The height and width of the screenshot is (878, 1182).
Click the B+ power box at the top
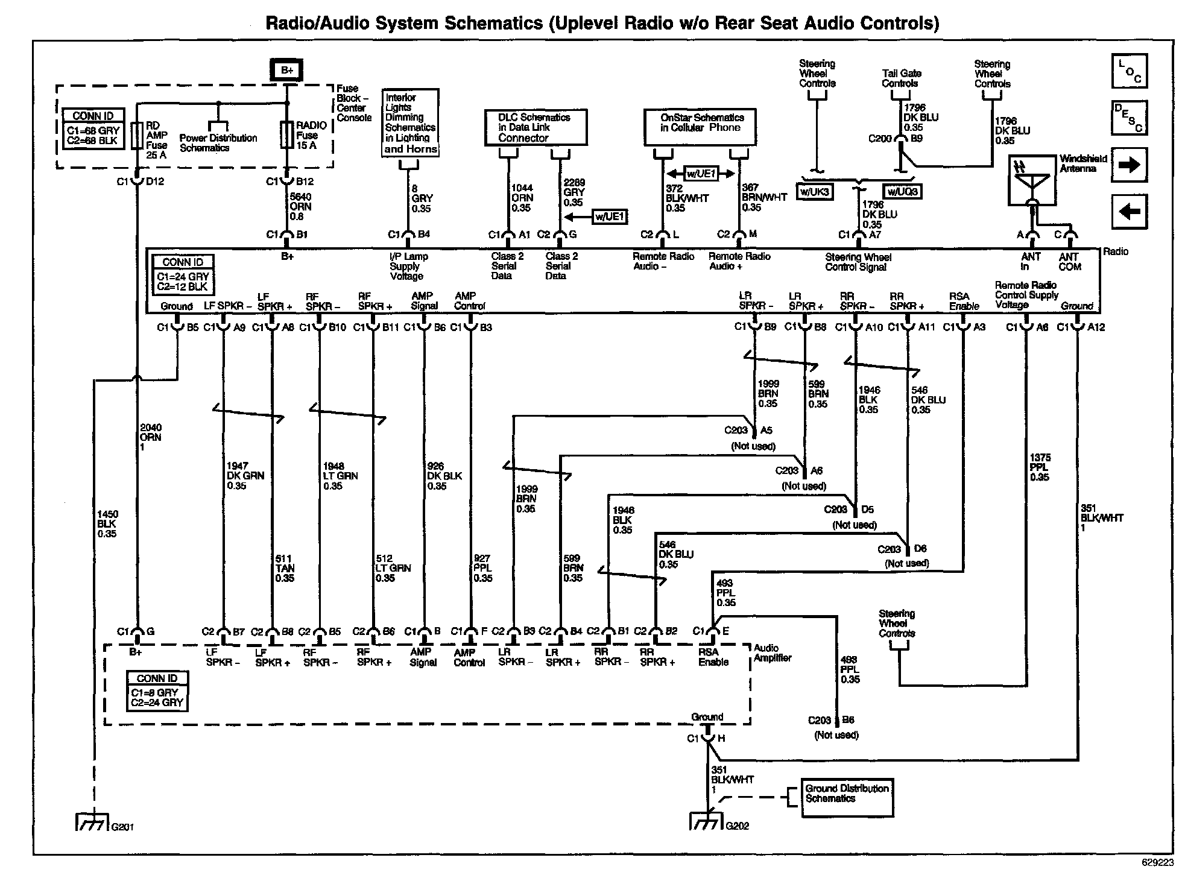[x=286, y=70]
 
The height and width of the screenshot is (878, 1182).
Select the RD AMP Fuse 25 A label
[x=157, y=141]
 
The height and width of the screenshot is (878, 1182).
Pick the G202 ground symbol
[x=706, y=821]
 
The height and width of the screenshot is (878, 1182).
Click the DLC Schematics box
[x=536, y=127]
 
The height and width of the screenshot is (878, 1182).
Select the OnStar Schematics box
[x=700, y=127]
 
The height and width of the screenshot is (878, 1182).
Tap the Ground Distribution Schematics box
[x=847, y=798]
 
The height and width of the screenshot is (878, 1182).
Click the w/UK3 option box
[x=815, y=192]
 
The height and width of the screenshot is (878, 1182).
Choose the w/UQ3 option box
[x=902, y=192]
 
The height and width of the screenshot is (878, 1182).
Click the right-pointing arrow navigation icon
[x=1129, y=165]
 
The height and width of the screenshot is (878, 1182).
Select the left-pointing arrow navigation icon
[x=1129, y=212]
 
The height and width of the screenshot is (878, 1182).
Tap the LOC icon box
[x=1129, y=71]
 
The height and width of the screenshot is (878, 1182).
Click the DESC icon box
[x=1129, y=118]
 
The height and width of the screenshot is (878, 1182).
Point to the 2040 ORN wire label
[x=150, y=437]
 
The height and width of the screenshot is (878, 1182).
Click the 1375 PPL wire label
[x=1040, y=467]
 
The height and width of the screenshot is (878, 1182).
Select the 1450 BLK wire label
[x=107, y=524]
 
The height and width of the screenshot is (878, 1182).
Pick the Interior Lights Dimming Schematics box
[x=411, y=123]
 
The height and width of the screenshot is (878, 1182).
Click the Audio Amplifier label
[x=772, y=653]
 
